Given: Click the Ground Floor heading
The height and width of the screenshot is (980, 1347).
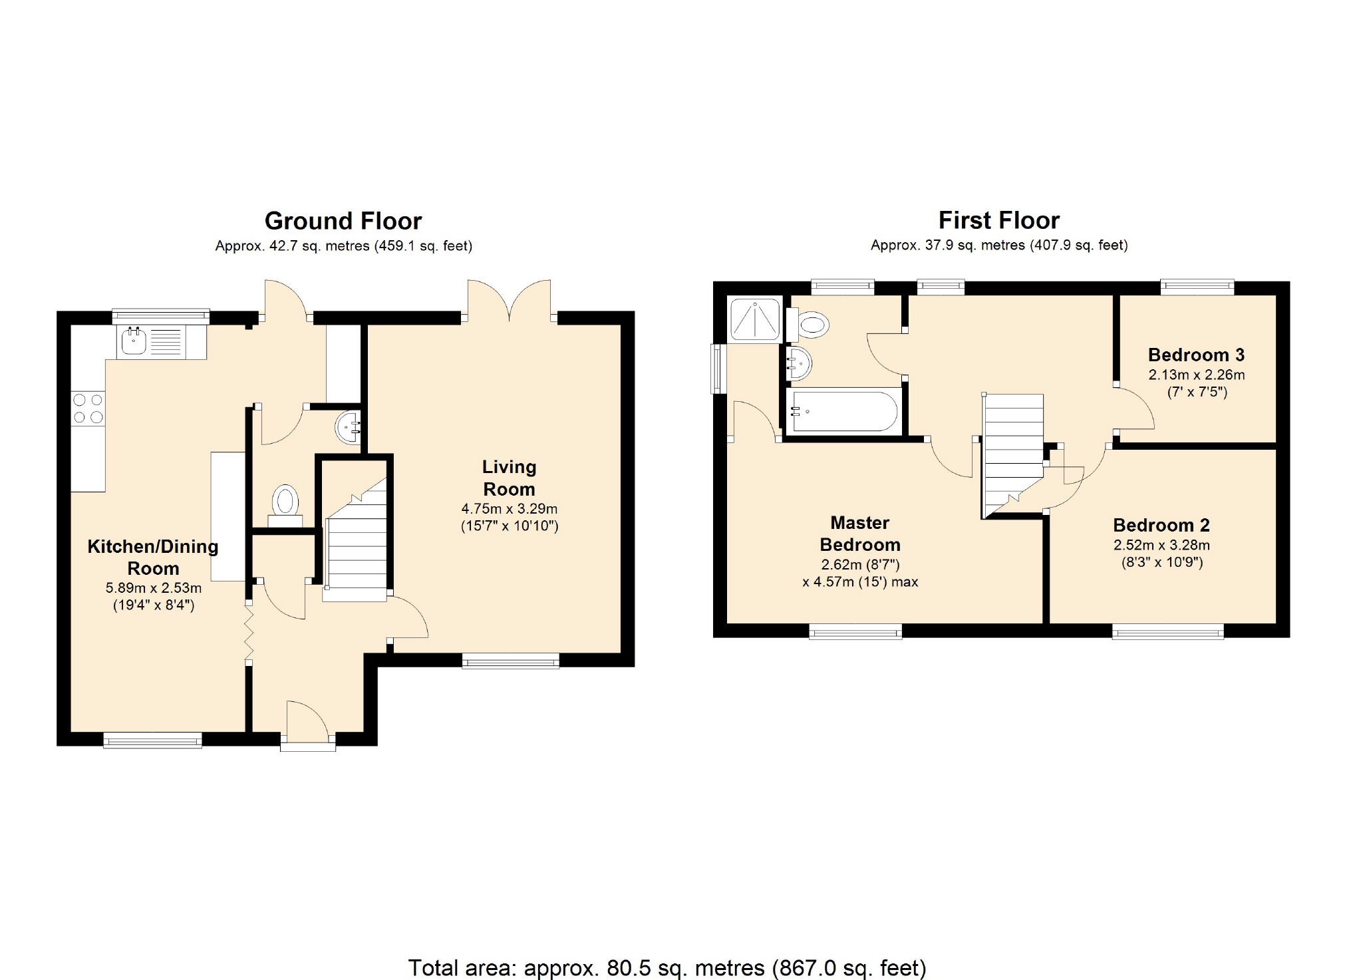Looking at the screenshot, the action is (x=343, y=221).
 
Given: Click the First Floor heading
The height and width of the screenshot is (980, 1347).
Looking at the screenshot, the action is (x=999, y=220).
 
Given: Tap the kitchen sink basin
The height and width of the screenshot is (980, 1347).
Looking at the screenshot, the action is (x=134, y=341).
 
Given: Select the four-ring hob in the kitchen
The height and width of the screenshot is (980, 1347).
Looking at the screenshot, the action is (x=88, y=408).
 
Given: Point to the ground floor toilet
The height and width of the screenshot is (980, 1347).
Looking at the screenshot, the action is (x=285, y=506).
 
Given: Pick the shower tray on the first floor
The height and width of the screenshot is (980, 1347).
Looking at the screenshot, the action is (x=754, y=319).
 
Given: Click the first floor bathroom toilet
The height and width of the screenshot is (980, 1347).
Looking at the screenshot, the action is (x=807, y=325).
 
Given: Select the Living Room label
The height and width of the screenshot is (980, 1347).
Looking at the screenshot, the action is (x=509, y=478).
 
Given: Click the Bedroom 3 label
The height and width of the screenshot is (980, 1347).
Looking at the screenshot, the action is (x=1196, y=355).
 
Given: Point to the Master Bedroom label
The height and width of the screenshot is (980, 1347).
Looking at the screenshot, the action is (x=860, y=534).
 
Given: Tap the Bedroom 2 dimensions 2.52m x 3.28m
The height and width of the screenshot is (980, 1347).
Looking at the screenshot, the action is (x=1162, y=545).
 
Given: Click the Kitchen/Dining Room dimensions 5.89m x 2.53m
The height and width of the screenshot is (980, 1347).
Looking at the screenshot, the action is (x=154, y=588).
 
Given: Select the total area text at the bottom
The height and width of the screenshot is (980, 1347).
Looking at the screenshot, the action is (x=667, y=967).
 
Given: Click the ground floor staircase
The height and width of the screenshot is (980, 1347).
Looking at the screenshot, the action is (x=355, y=539).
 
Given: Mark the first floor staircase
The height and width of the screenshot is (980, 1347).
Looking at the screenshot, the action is (x=1012, y=456).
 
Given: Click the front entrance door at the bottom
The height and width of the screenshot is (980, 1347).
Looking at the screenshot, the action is (x=308, y=725).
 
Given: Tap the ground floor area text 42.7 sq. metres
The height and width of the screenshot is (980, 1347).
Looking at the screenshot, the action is (x=319, y=246).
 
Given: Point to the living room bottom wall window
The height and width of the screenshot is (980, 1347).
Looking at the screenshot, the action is (x=511, y=661).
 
